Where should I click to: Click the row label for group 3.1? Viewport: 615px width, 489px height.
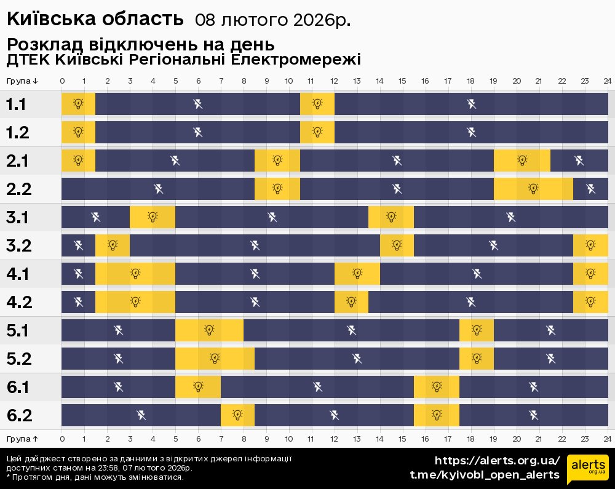point(17,218)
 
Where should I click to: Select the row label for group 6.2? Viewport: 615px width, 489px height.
point(19,416)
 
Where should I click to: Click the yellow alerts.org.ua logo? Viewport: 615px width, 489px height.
point(587,469)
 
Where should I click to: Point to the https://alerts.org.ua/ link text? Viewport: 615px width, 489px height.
point(498,461)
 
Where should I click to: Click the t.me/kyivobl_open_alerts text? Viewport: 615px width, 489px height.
point(485,475)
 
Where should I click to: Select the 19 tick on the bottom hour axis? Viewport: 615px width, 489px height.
point(493,439)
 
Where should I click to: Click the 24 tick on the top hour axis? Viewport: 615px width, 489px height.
point(607,81)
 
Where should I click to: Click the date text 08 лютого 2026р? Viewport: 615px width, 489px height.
point(272,20)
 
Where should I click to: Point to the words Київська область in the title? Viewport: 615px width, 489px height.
point(95,20)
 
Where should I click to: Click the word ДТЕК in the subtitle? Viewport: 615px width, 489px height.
point(28,60)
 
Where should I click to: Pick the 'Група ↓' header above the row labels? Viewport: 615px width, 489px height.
point(23,81)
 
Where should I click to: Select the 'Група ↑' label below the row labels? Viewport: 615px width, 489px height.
point(23,439)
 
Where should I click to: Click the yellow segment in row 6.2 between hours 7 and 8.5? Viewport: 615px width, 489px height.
point(237,415)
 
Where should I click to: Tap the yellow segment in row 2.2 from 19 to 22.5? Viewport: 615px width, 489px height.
point(533,189)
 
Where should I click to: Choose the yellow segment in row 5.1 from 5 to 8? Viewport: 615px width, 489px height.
point(209,330)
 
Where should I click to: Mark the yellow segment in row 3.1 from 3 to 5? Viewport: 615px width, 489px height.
point(153,217)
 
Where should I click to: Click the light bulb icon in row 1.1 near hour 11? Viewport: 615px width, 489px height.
point(317,104)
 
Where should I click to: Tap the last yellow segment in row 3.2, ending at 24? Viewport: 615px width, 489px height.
point(590,245)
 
